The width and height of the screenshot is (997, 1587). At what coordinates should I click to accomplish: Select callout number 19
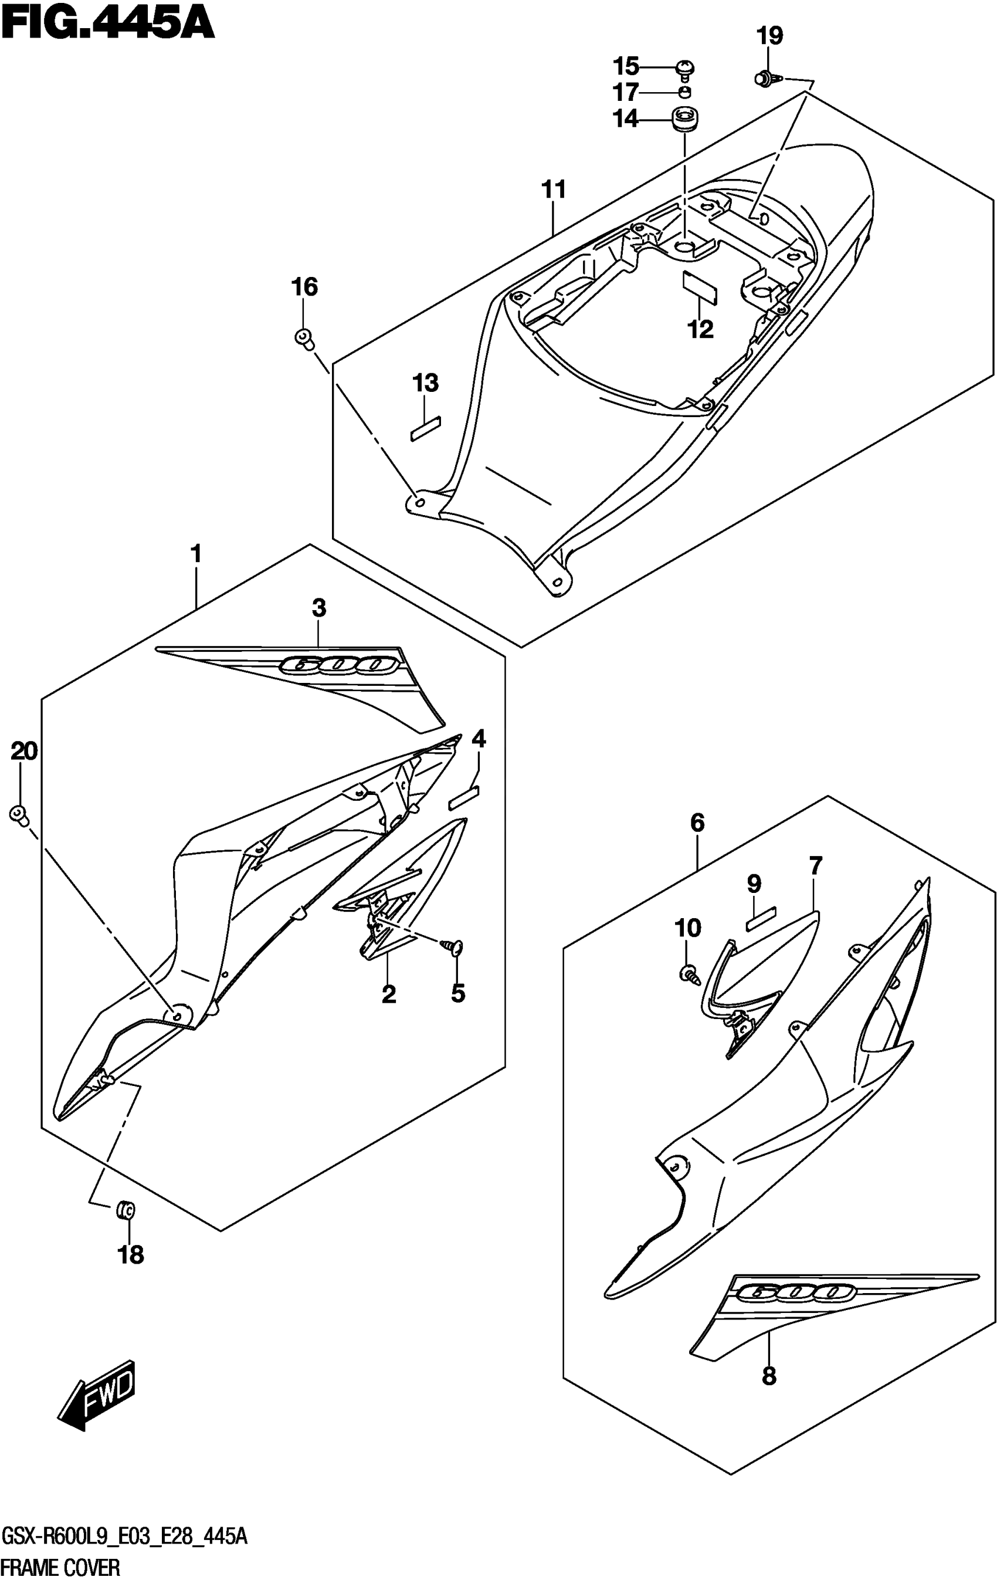coord(769,36)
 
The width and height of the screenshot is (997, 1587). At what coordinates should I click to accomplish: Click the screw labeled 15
coord(686,67)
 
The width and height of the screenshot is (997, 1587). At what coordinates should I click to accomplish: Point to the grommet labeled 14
coord(684,120)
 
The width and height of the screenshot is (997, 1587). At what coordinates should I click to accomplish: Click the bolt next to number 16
coord(304,339)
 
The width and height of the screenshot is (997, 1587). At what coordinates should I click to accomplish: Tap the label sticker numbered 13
coord(426,428)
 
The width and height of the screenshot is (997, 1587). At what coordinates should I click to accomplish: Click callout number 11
coord(554,190)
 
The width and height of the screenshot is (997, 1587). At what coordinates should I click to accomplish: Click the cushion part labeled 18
coord(124,1210)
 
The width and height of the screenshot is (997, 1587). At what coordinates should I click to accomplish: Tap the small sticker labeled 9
coord(761,918)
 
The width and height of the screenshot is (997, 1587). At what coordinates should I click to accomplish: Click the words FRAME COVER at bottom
coord(60,1566)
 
